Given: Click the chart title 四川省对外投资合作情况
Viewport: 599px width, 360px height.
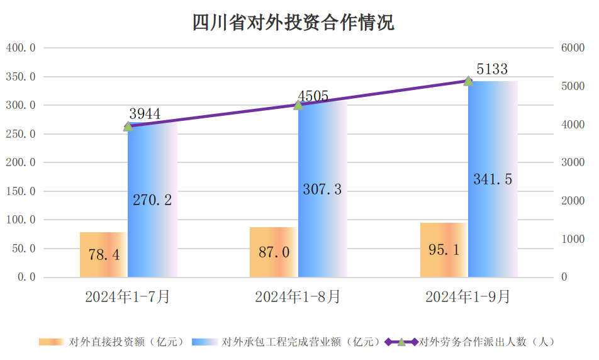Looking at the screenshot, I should pos(293,23).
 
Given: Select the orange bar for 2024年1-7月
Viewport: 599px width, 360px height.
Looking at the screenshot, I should pos(103,255).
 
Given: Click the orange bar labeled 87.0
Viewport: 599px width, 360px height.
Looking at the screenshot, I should pos(274,252).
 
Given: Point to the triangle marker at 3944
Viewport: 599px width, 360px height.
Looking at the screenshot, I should pos(128,127).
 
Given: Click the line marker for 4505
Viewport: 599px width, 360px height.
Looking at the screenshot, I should pos(298,104).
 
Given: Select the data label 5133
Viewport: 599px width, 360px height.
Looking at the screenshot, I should pos(491,69).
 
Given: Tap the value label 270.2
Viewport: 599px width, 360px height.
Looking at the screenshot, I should pos(152,200).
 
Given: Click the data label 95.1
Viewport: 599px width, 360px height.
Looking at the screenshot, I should pos(444,250).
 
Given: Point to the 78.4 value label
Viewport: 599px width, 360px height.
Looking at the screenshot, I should pos(104,255).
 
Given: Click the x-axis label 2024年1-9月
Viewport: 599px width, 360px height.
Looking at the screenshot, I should pos(468,297).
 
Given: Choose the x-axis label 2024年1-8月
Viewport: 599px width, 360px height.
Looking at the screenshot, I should pos(298,297).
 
